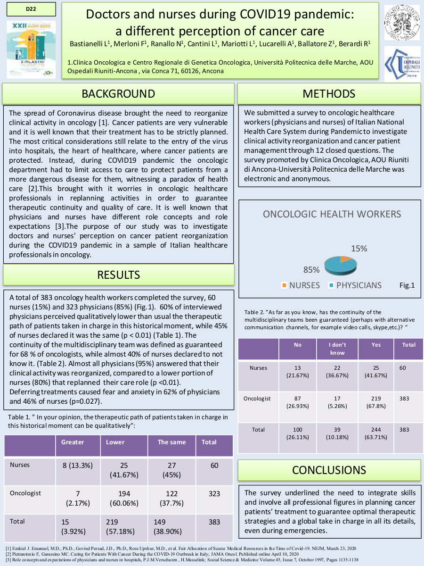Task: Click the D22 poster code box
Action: pos(32,9)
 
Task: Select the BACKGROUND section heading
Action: pos(118,93)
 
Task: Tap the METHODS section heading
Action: pos(329,93)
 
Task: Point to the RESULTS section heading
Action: pos(118,275)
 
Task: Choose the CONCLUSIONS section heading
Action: pos(329,470)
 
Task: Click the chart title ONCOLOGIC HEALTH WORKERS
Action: pos(332,214)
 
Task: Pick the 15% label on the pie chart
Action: pos(359,248)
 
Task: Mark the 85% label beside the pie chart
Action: pos(311,270)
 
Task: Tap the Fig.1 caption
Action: pos(407,285)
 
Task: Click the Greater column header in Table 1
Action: pos(73,442)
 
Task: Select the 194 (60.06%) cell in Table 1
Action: pos(124,498)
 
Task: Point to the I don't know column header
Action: pos(337,349)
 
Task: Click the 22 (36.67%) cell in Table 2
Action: pos(337,371)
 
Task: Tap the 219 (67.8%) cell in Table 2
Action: pos(376,402)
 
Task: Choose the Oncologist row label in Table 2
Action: pos(257,399)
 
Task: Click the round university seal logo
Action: pos(401,22)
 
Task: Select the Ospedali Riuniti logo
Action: pos(401,64)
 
